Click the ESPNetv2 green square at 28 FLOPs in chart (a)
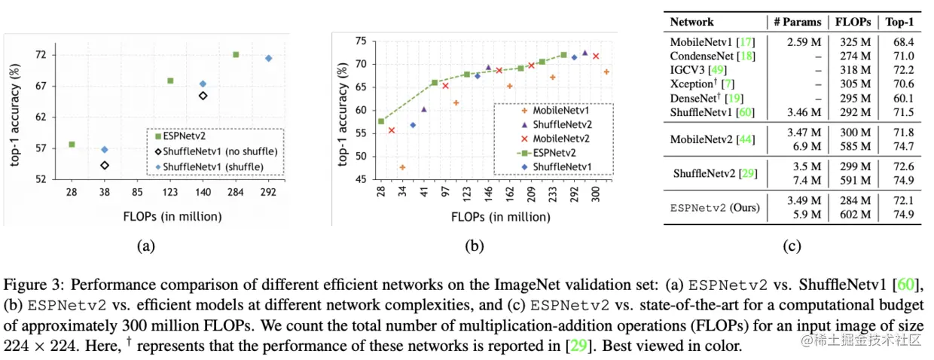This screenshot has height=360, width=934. [72, 144]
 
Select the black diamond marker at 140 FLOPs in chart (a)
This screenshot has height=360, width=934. [203, 96]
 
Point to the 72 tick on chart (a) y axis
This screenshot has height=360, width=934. [40, 54]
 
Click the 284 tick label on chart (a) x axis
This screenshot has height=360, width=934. [235, 193]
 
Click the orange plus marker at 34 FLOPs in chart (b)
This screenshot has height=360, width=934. [402, 167]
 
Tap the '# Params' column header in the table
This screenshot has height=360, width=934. [797, 22]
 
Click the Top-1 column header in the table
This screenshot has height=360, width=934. [901, 22]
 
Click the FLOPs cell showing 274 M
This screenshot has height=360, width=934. [853, 56]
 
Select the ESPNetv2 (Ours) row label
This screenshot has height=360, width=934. [715, 207]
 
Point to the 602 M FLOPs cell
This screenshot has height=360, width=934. [853, 214]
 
